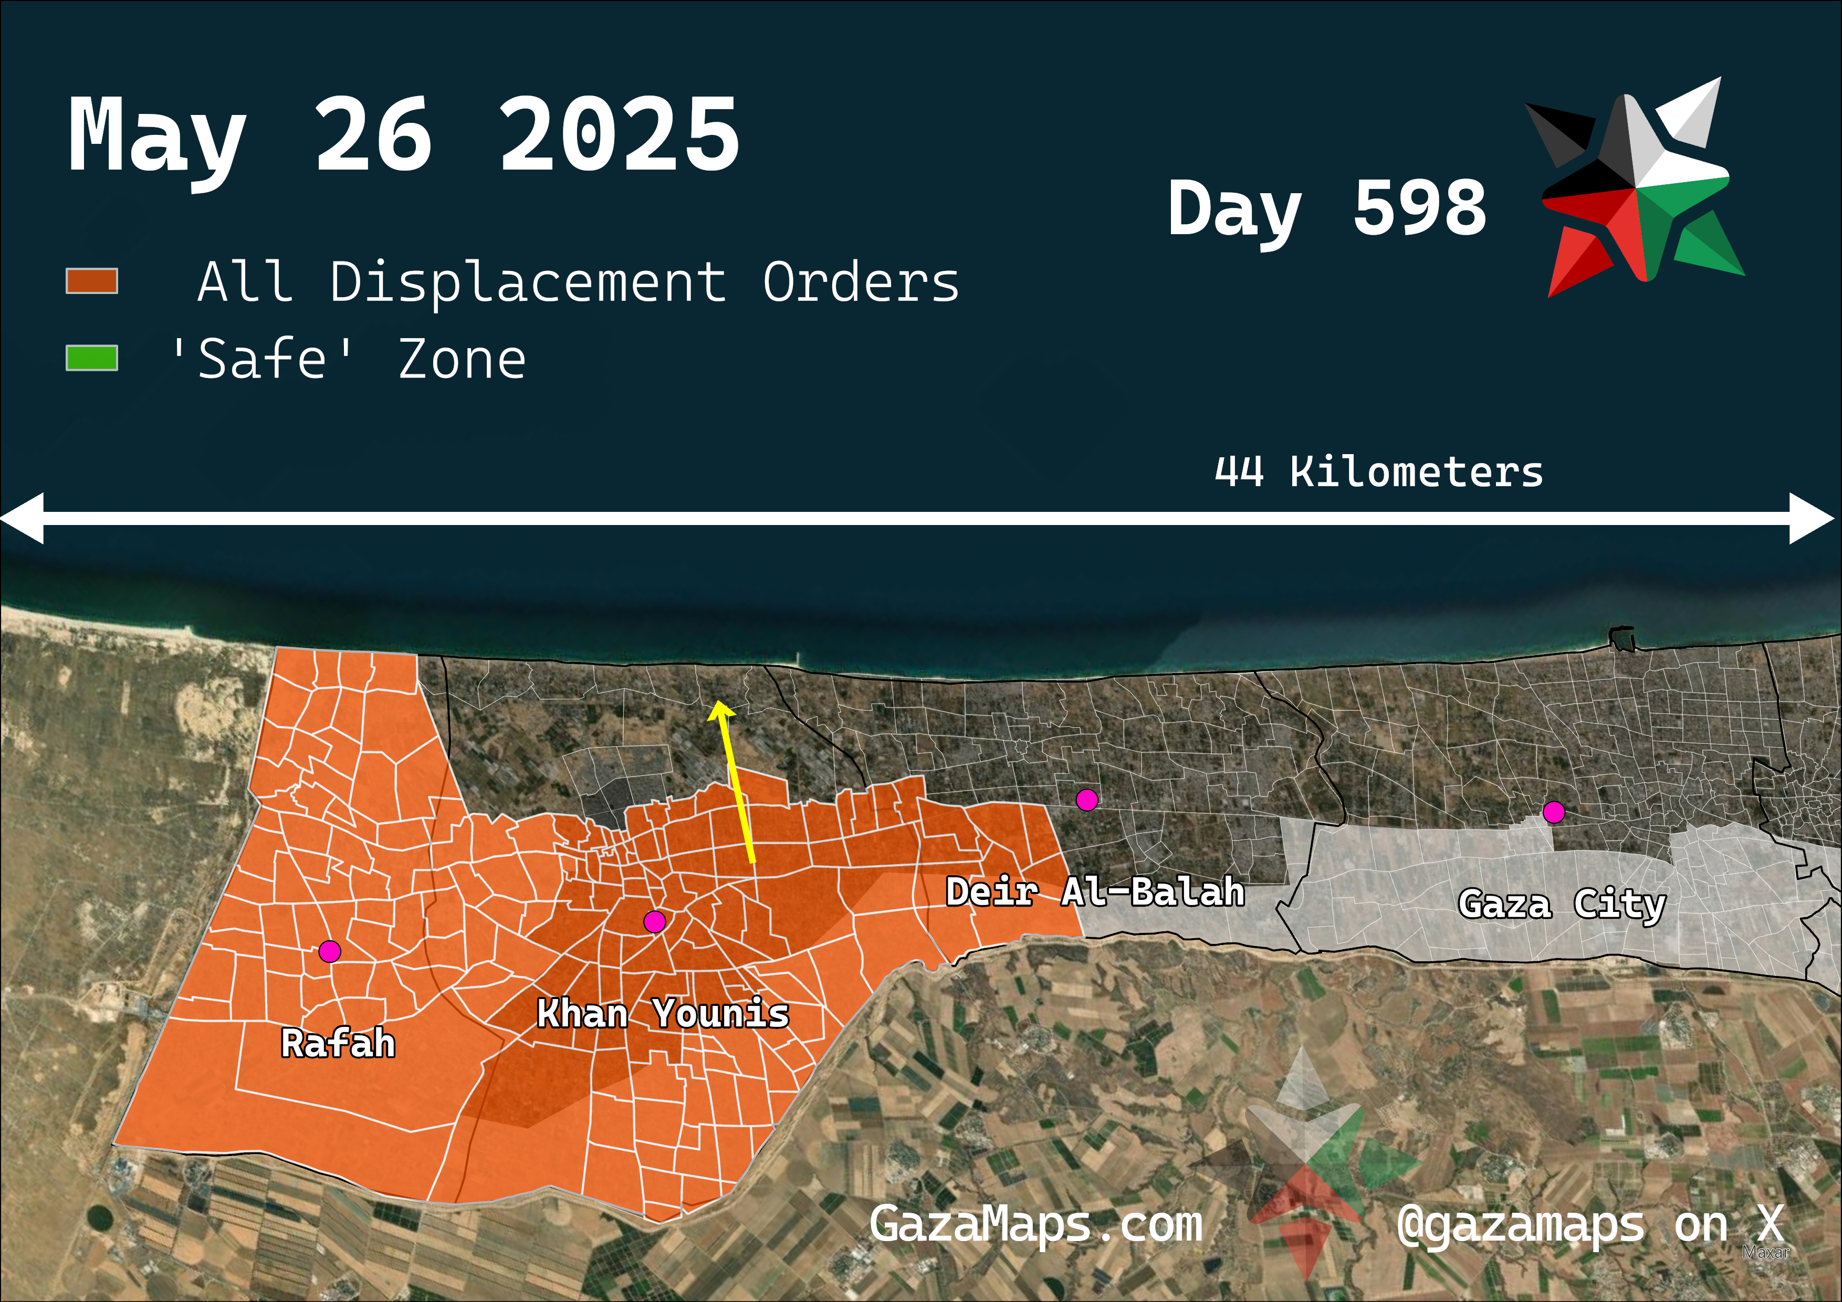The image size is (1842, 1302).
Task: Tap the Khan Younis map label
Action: click(663, 1013)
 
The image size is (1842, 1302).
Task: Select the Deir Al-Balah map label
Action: click(1095, 892)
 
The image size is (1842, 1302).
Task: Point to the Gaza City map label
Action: click(1561, 904)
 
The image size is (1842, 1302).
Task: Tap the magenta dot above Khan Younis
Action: click(655, 922)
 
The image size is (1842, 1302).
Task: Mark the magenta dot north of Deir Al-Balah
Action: click(1087, 800)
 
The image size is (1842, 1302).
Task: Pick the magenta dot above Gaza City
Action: click(1554, 813)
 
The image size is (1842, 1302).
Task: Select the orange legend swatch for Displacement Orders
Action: click(91, 281)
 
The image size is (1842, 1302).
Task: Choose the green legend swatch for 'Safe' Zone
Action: click(91, 359)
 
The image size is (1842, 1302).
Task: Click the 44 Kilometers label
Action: click(1378, 471)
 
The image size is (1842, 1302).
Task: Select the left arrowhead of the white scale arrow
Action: click(23, 518)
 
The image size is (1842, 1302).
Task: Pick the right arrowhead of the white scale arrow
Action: click(1812, 518)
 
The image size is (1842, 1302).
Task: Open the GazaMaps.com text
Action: click(1035, 1224)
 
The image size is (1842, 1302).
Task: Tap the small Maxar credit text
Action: click(1765, 1252)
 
